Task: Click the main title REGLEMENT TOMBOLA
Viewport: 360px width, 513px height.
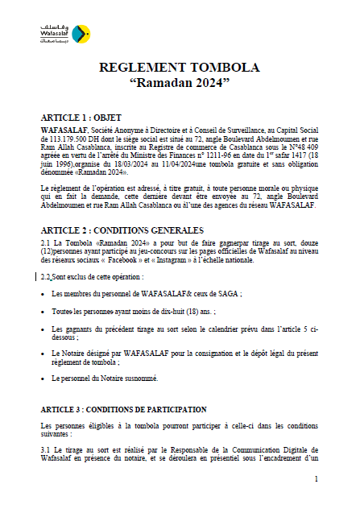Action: tap(180, 68)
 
